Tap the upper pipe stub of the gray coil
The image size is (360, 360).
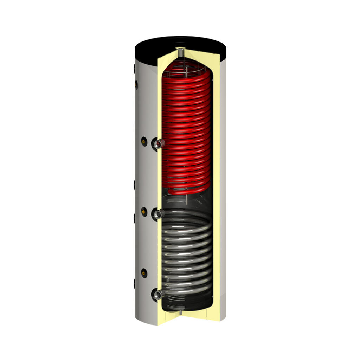click(158, 213)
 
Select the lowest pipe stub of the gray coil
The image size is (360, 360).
click(158, 294)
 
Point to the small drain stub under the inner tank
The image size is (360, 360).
click(181, 312)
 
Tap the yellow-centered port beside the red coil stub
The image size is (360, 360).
click(144, 141)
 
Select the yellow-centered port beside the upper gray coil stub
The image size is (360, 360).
click(144, 211)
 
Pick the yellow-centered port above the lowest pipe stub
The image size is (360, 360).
click(144, 272)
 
